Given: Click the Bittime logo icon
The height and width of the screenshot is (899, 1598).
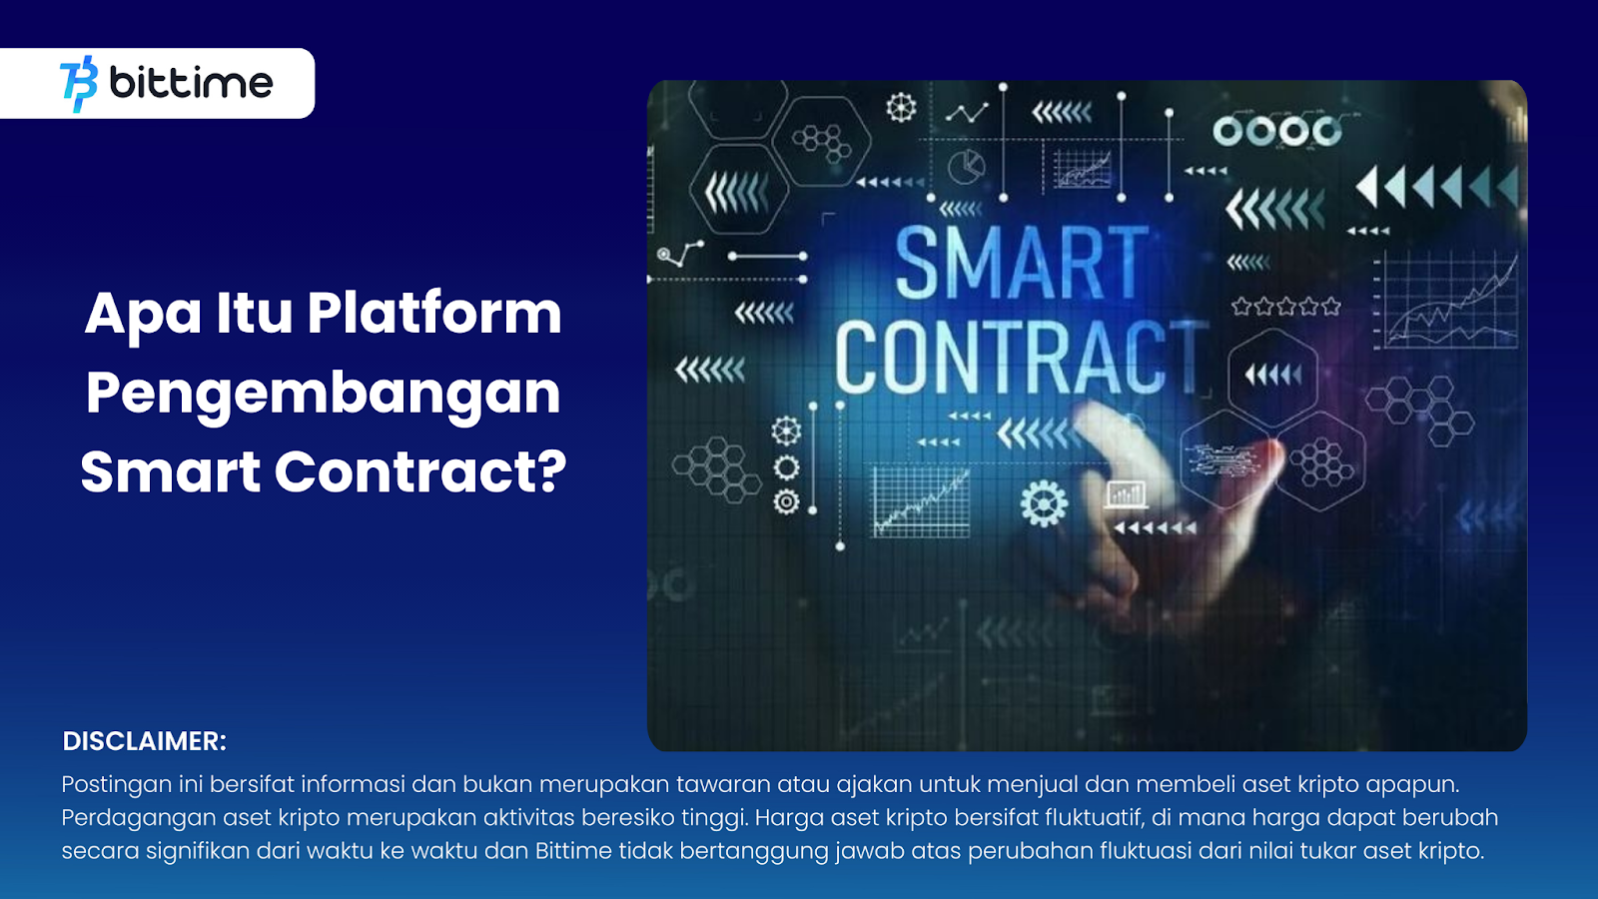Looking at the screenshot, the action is pos(79,84).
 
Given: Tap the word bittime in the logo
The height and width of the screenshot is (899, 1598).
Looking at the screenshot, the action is pos(191,83).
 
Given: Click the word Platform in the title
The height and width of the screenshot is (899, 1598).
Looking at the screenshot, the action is pos(434,314).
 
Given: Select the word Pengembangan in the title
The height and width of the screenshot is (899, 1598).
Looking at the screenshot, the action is pos(324,396).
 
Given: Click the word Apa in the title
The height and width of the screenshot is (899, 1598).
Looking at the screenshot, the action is pos(143,316).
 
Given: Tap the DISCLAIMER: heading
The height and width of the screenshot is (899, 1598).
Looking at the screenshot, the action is pos(144,741).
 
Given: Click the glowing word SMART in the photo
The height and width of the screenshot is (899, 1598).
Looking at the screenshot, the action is pos(1022,263).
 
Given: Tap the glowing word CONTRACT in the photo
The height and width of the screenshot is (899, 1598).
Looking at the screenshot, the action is pos(1022,357).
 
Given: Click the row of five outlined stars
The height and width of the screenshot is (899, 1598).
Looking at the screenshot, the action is pos(1285,307).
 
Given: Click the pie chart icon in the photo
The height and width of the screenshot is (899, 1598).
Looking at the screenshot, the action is pos(966,167).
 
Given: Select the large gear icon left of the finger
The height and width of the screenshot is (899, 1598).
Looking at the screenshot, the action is pos(1044,503).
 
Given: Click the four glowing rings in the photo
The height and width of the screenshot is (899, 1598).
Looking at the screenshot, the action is pos(1277,131).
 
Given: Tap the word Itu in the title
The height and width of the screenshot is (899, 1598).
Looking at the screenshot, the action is pos(254,314).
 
